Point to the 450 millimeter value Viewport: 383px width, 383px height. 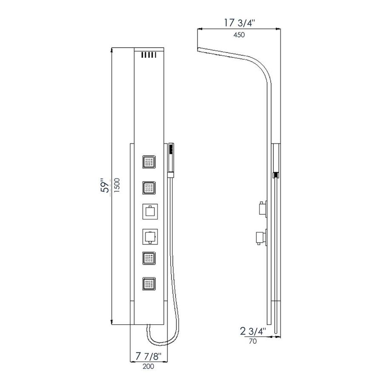coord(239,35)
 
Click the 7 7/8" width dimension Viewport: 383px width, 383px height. coord(149,355)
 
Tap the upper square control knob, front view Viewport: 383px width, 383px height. coord(149,211)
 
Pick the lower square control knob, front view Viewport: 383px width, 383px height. coord(149,235)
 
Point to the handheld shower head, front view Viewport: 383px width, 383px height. coord(171,160)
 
